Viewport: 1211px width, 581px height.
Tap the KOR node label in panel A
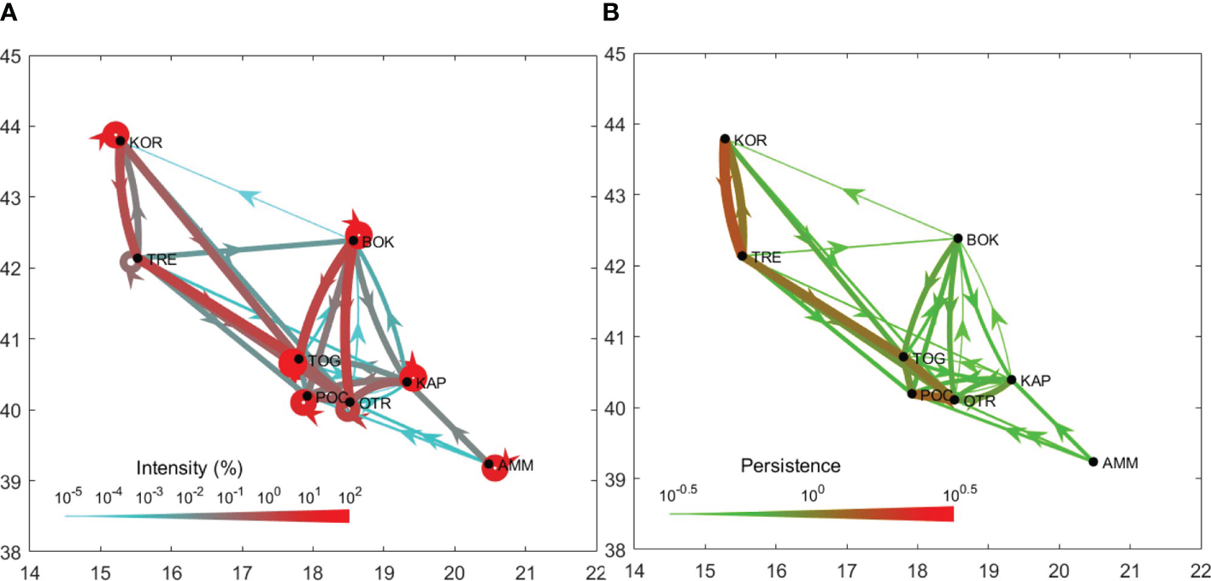146,143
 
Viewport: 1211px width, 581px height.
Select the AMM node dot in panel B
1093,461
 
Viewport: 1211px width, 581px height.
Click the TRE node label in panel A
162,259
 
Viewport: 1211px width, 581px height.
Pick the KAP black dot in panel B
1012,379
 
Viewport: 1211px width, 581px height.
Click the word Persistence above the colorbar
790,466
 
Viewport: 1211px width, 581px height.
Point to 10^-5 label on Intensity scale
68,496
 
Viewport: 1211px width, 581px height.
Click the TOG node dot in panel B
903,356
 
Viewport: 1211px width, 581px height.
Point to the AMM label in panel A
514,464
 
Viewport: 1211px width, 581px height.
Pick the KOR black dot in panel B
725,138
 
